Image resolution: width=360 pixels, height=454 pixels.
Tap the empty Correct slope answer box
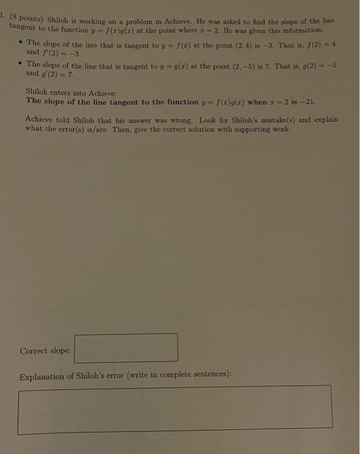coord(126,348)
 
